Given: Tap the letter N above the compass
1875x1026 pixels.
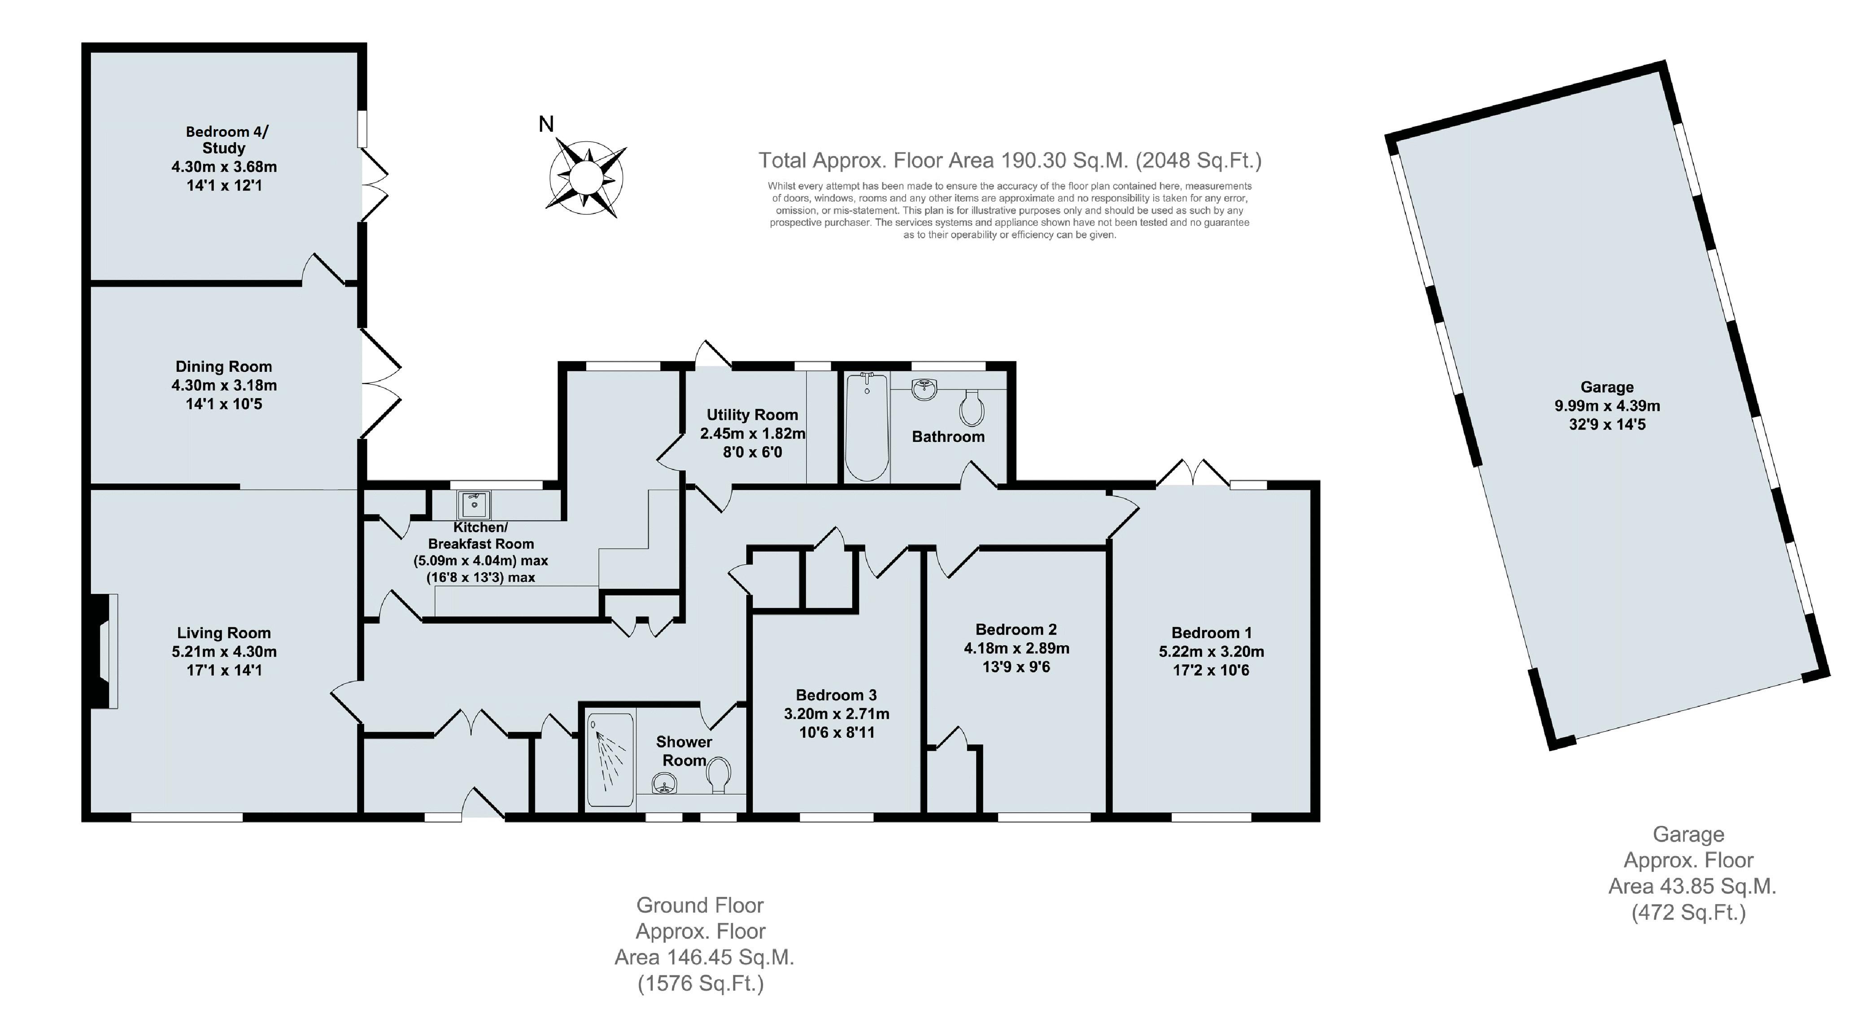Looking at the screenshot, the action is (546, 124).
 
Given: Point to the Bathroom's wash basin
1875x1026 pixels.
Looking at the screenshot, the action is (925, 388).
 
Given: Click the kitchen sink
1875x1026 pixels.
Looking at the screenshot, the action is (474, 504).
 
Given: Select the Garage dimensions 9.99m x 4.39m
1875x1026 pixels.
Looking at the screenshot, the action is (1607, 406).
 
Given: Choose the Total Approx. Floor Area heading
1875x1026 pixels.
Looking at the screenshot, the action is (1010, 160).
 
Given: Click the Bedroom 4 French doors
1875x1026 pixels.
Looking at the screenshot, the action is (374, 185).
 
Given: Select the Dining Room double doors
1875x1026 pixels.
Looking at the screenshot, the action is (380, 383).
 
